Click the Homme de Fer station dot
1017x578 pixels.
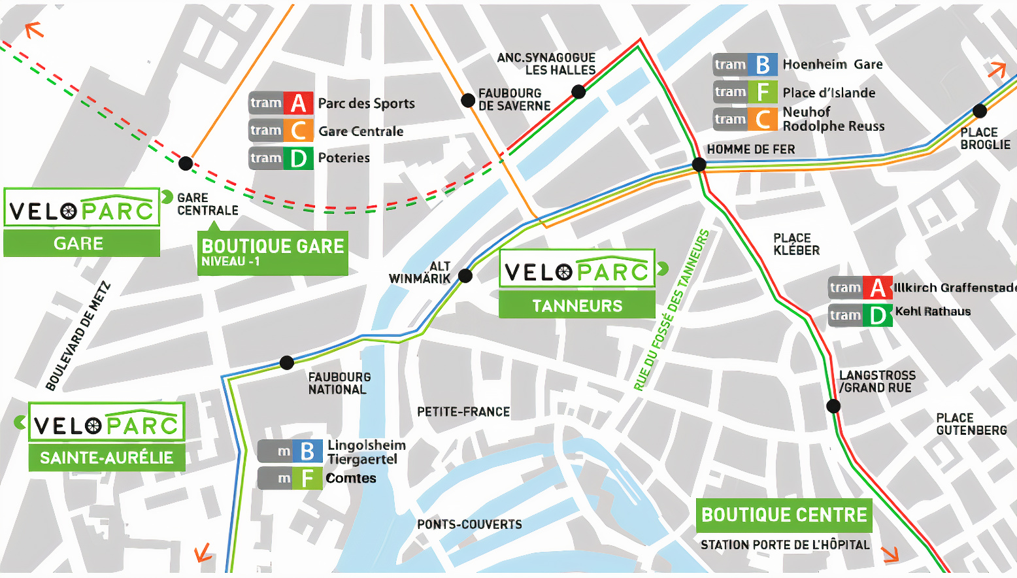[x=699, y=164]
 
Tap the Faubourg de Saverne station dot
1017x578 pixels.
[x=467, y=100]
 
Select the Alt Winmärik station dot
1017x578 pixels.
[x=465, y=276]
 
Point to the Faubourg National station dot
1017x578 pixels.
[x=286, y=363]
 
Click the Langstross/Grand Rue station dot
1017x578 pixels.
[x=833, y=405]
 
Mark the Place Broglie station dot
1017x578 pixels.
[x=980, y=110]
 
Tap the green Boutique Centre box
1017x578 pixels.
[x=784, y=515]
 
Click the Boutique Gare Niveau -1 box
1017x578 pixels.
[x=273, y=253]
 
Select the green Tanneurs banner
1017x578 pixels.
[x=577, y=305]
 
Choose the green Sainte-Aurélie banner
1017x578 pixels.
[x=107, y=457]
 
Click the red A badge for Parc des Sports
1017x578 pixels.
[x=298, y=103]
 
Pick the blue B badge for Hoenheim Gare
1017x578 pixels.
[x=763, y=65]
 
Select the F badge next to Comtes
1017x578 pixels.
[x=307, y=478]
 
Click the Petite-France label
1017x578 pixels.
[x=463, y=412]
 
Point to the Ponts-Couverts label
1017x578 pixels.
[x=469, y=524]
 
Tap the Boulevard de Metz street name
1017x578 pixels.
[x=78, y=336]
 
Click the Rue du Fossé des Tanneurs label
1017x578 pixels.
[x=671, y=310]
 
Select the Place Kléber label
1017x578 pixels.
[x=796, y=245]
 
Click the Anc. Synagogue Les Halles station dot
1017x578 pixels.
[x=578, y=92]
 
